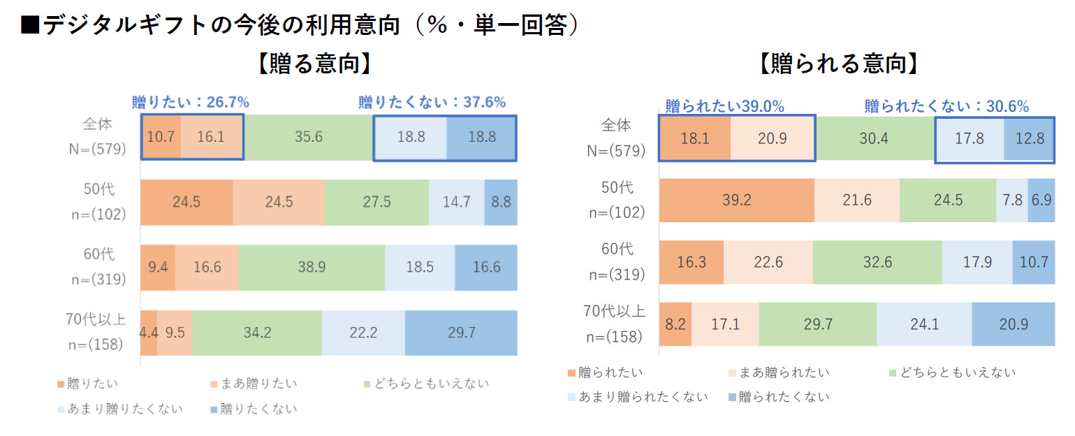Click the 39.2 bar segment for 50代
click(x=736, y=201)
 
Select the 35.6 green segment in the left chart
click(x=308, y=137)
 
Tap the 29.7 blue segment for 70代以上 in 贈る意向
click(x=461, y=333)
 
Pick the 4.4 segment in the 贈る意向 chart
click(x=149, y=333)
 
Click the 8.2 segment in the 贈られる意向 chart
click(x=675, y=324)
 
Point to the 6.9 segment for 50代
click(x=1041, y=201)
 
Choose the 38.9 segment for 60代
click(x=312, y=268)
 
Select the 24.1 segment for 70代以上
click(x=923, y=324)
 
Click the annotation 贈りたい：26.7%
click(x=191, y=103)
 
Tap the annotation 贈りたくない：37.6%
click(x=432, y=103)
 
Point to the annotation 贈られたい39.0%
click(x=724, y=106)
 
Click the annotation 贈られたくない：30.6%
click(x=946, y=106)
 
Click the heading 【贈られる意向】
click(x=838, y=65)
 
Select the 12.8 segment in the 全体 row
click(x=1030, y=138)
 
